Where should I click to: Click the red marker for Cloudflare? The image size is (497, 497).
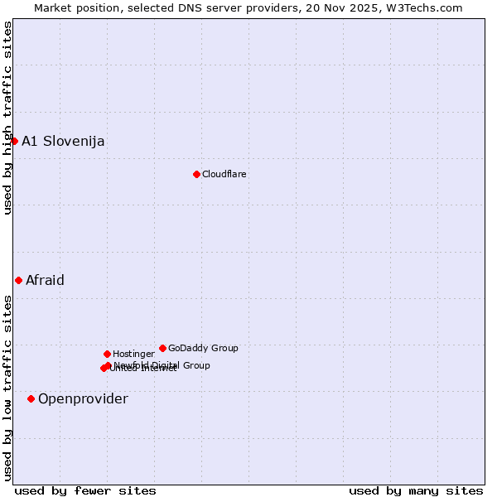coord(196,174)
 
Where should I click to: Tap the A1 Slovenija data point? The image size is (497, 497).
coord(14,141)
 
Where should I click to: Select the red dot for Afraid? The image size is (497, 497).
coord(18,280)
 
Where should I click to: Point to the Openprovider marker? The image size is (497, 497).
coord(31,398)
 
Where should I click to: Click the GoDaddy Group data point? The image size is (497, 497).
coord(162,348)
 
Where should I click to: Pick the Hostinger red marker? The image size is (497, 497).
coord(107,354)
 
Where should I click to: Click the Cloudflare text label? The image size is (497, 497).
coord(224,174)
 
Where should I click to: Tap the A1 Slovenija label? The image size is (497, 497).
coord(63,141)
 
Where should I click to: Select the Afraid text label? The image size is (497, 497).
coord(45,280)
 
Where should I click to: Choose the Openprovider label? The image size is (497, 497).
coord(83,398)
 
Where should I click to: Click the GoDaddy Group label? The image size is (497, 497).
coord(203,348)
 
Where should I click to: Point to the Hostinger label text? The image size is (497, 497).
coord(133,354)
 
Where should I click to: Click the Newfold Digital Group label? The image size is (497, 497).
coord(162,364)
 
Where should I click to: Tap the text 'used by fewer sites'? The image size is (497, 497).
coord(85,490)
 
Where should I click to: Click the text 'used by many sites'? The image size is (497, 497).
coord(416,490)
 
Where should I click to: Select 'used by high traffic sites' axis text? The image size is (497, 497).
coord(7,118)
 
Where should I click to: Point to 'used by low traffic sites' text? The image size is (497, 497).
coord(7,388)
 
